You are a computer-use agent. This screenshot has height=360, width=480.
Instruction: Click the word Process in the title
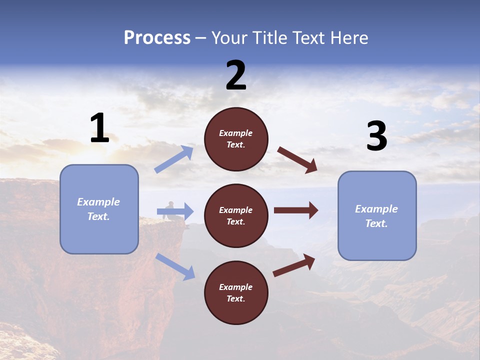coord(157,38)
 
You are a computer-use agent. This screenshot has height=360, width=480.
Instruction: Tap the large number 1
coord(99,128)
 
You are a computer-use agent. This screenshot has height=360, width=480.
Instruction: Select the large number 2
coord(236,76)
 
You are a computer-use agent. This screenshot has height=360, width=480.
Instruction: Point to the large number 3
coord(376,136)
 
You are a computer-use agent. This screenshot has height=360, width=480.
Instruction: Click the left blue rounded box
coord(99,209)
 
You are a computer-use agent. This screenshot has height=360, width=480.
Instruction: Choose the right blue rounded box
coord(377,215)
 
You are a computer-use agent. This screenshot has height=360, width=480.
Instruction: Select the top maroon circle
coord(236,139)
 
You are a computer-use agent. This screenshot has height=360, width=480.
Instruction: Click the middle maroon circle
coord(236,215)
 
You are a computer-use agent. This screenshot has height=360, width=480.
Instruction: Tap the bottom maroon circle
coord(236,292)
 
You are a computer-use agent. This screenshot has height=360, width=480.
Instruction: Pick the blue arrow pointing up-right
coord(174,159)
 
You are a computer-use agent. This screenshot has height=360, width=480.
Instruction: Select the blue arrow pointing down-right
coord(175,266)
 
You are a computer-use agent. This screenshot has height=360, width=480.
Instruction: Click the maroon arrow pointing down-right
coord(297,159)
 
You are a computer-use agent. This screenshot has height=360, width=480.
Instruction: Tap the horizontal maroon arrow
coord(296,210)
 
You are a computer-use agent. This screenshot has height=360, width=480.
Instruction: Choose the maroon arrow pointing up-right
coord(294,265)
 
